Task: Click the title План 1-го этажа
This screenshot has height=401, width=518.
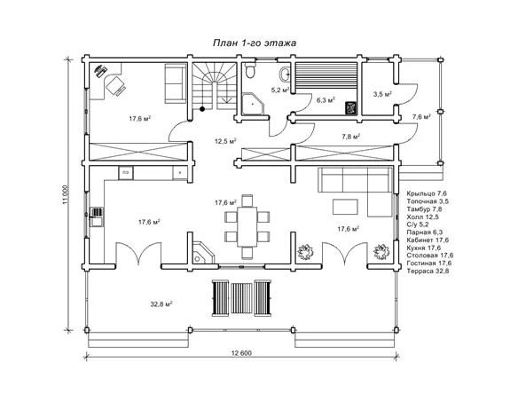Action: click(254, 43)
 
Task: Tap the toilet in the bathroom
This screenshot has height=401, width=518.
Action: click(250, 71)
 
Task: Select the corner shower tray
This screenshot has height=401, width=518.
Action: click(254, 104)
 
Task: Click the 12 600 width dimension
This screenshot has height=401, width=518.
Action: click(241, 353)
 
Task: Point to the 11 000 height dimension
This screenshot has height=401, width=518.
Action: click(65, 194)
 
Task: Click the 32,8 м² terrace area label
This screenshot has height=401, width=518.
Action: click(161, 304)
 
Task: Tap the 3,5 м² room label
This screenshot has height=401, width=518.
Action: click(382, 94)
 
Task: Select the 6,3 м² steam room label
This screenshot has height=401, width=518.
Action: click(326, 100)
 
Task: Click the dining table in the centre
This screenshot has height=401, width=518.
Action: click(247, 226)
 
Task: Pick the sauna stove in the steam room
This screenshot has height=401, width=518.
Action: click(351, 107)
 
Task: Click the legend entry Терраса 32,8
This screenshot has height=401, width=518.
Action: click(428, 271)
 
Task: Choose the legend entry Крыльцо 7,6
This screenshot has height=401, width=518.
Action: click(427, 193)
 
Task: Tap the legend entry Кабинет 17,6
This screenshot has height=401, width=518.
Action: click(428, 240)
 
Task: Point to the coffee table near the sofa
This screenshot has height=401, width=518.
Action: click(345, 207)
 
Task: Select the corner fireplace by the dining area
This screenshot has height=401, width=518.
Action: click(201, 253)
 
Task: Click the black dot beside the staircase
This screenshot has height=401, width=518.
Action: click(202, 108)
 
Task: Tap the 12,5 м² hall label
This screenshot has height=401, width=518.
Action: click(225, 141)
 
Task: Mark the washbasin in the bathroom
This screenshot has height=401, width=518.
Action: click(285, 74)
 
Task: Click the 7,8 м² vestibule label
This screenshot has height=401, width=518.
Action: click(351, 136)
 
